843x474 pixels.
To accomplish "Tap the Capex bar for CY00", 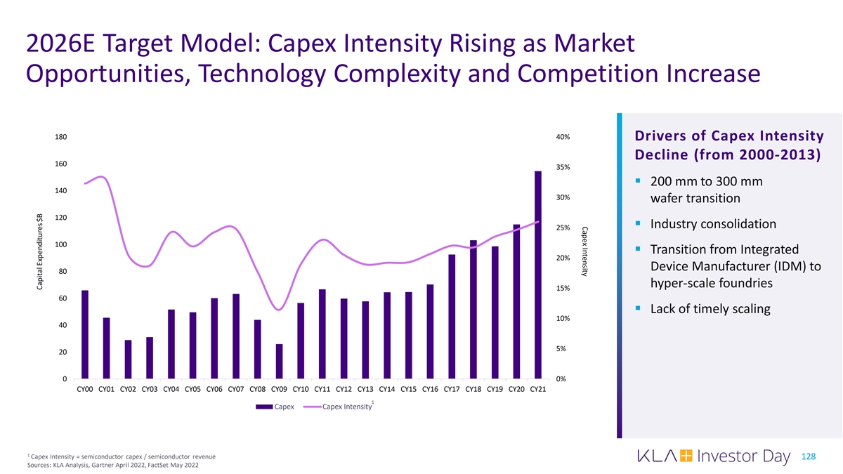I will click(x=85, y=334).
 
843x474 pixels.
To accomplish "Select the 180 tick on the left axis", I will click(x=60, y=137).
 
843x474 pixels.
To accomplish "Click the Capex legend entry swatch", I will click(x=264, y=407).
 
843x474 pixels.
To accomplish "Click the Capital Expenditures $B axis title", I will click(x=40, y=252).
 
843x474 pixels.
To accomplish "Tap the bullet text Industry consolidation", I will click(x=713, y=225).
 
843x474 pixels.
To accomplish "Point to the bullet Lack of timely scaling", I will click(x=710, y=309).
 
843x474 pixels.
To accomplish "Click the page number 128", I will click(x=808, y=457).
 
